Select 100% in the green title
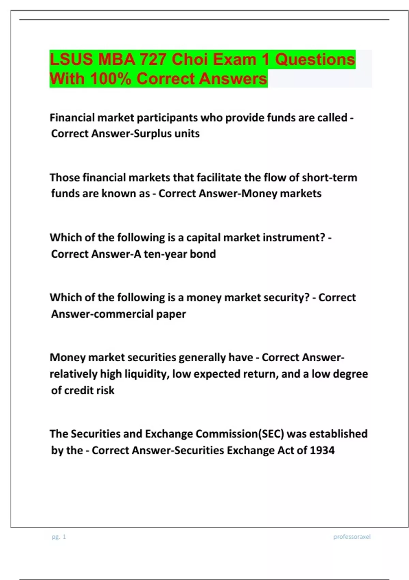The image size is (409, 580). coord(111,79)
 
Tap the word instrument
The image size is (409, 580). coord(293,237)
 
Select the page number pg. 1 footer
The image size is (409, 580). coord(59,537)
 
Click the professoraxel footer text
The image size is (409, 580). coord(352,537)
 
